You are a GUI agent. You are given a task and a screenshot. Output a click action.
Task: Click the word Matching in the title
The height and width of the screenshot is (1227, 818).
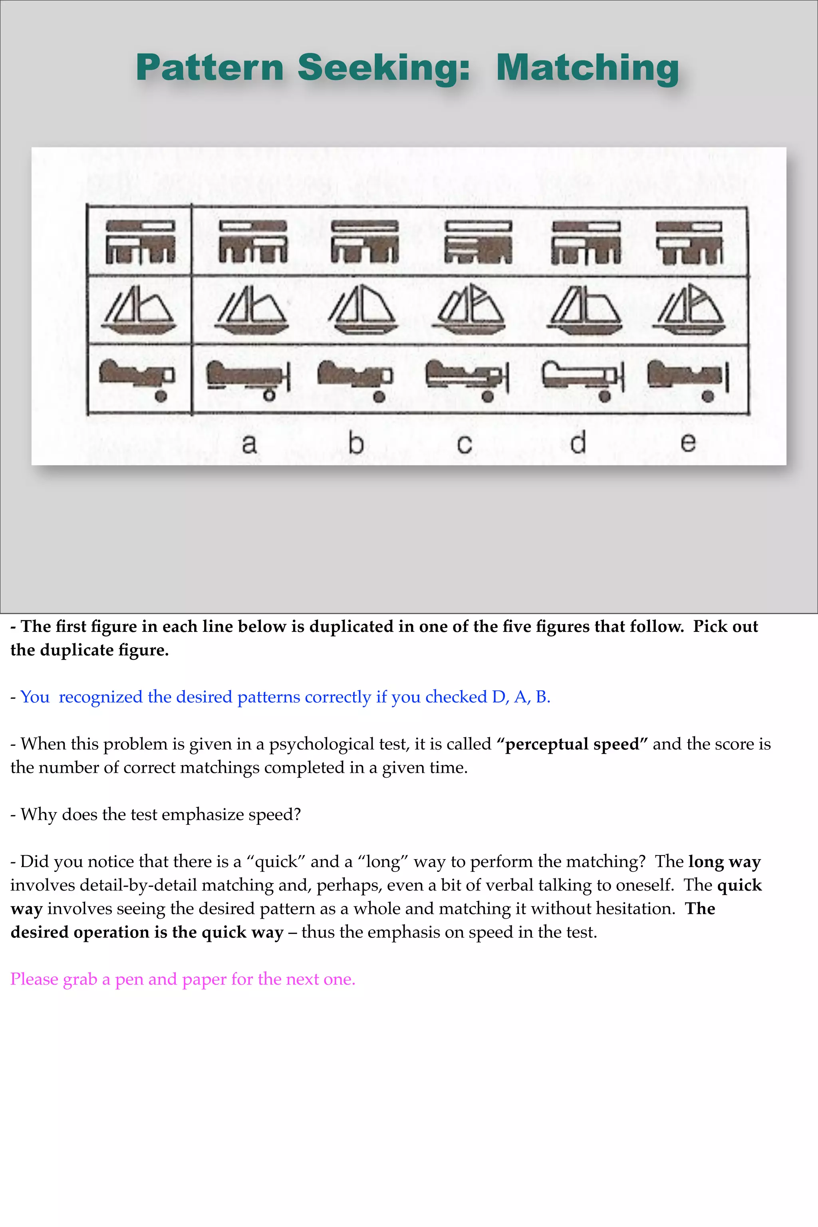588,68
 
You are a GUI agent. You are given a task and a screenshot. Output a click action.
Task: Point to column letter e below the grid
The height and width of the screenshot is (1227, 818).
687,443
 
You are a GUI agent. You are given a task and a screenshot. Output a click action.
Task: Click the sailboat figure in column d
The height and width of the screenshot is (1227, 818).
585,310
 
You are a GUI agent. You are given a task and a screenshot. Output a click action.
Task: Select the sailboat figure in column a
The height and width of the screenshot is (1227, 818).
252,310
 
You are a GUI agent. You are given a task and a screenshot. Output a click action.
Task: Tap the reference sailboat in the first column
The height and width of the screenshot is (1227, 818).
139,310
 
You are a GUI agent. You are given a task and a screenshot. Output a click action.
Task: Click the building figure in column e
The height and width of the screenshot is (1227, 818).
689,242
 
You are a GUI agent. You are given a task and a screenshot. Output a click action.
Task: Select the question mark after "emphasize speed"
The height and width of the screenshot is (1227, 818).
297,814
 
